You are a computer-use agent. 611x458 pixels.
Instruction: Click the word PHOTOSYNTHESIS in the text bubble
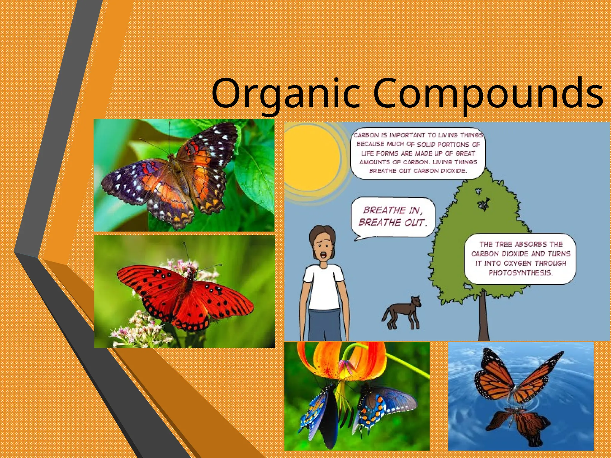point(521,273)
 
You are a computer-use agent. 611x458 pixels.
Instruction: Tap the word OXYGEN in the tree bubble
point(518,263)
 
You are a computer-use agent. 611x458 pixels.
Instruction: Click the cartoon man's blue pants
point(324,325)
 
